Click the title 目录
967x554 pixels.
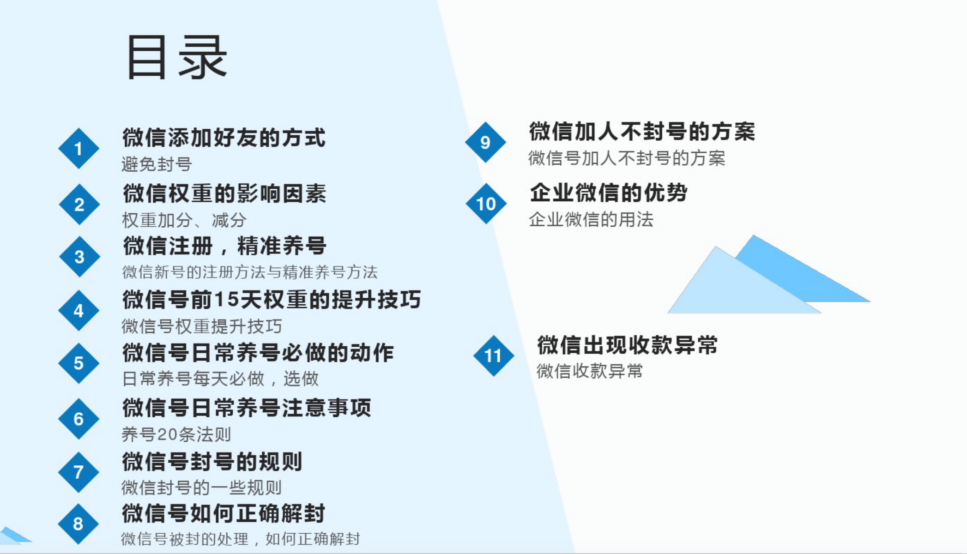click(177, 58)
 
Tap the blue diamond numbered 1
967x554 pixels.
click(79, 149)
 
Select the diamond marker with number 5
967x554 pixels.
click(79, 363)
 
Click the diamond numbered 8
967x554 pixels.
click(78, 524)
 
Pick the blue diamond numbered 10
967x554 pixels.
click(486, 204)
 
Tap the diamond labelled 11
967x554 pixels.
click(493, 355)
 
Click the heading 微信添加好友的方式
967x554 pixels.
click(224, 138)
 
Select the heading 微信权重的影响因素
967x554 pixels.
click(224, 193)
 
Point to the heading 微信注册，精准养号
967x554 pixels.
click(225, 246)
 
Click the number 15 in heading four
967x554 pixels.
click(227, 300)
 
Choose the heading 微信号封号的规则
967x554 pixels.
click(212, 462)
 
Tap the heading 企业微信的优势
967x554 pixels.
click(609, 193)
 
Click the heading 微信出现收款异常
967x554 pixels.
click(627, 345)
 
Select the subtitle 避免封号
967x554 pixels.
click(157, 164)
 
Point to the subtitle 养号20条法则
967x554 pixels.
click(176, 434)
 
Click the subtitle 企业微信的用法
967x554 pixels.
click(591, 219)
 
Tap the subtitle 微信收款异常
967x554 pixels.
click(589, 371)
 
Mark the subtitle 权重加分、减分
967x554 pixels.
click(184, 220)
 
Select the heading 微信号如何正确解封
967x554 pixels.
click(224, 513)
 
